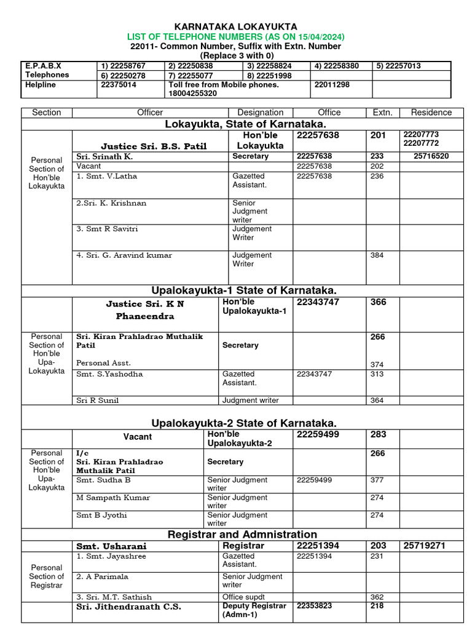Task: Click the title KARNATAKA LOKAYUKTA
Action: pyautogui.click(x=236, y=26)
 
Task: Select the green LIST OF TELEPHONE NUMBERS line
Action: pyautogui.click(x=236, y=36)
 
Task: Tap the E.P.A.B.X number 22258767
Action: pyautogui.click(x=117, y=66)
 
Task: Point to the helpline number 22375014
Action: pyautogui.click(x=117, y=85)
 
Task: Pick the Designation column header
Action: pyautogui.click(x=260, y=113)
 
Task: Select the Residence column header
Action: pyautogui.click(x=431, y=113)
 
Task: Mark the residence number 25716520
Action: pyautogui.click(x=431, y=156)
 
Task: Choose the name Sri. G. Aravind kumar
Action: pyautogui.click(x=124, y=255)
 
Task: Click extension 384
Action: pyautogui.click(x=377, y=255)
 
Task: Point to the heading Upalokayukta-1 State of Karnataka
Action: pyautogui.click(x=244, y=290)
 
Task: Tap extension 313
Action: pyautogui.click(x=377, y=374)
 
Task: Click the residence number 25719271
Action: pyautogui.click(x=424, y=546)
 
